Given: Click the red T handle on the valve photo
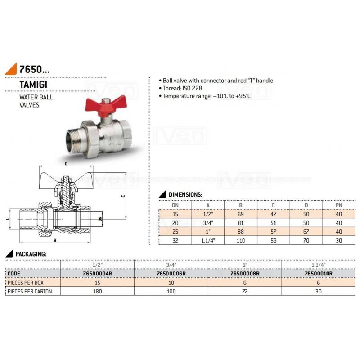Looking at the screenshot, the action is click(106, 105).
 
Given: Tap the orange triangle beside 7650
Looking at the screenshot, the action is click(12, 70).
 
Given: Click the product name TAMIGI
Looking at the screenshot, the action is click(33, 85).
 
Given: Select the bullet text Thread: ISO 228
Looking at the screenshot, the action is click(182, 88).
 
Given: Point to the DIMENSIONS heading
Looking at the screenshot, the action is click(185, 194).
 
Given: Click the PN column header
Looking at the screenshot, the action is click(339, 205).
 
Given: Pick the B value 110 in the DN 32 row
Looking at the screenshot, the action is click(241, 240).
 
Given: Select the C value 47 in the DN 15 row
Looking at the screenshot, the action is click(273, 214).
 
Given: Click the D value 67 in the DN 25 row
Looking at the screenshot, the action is click(306, 231).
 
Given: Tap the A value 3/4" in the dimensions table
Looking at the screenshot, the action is click(208, 223).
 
